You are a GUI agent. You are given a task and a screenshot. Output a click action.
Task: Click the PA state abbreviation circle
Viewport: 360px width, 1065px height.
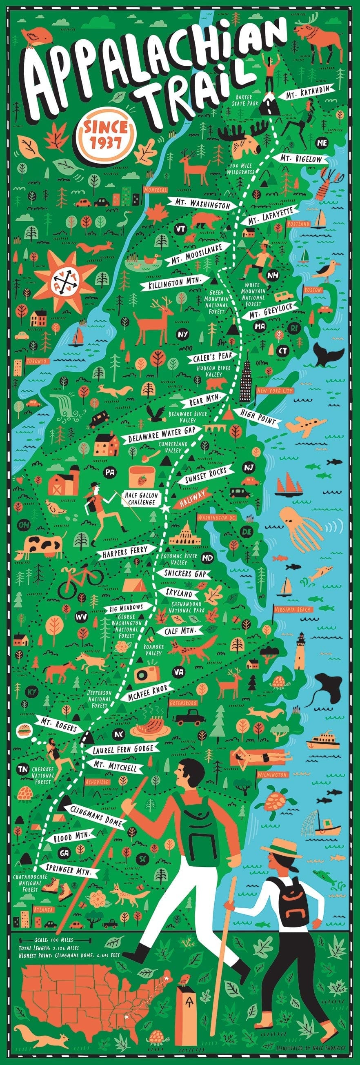(110, 473)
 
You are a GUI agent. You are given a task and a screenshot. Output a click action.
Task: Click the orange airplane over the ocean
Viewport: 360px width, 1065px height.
(306, 426)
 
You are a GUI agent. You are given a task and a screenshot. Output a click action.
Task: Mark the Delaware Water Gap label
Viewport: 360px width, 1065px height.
(161, 434)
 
